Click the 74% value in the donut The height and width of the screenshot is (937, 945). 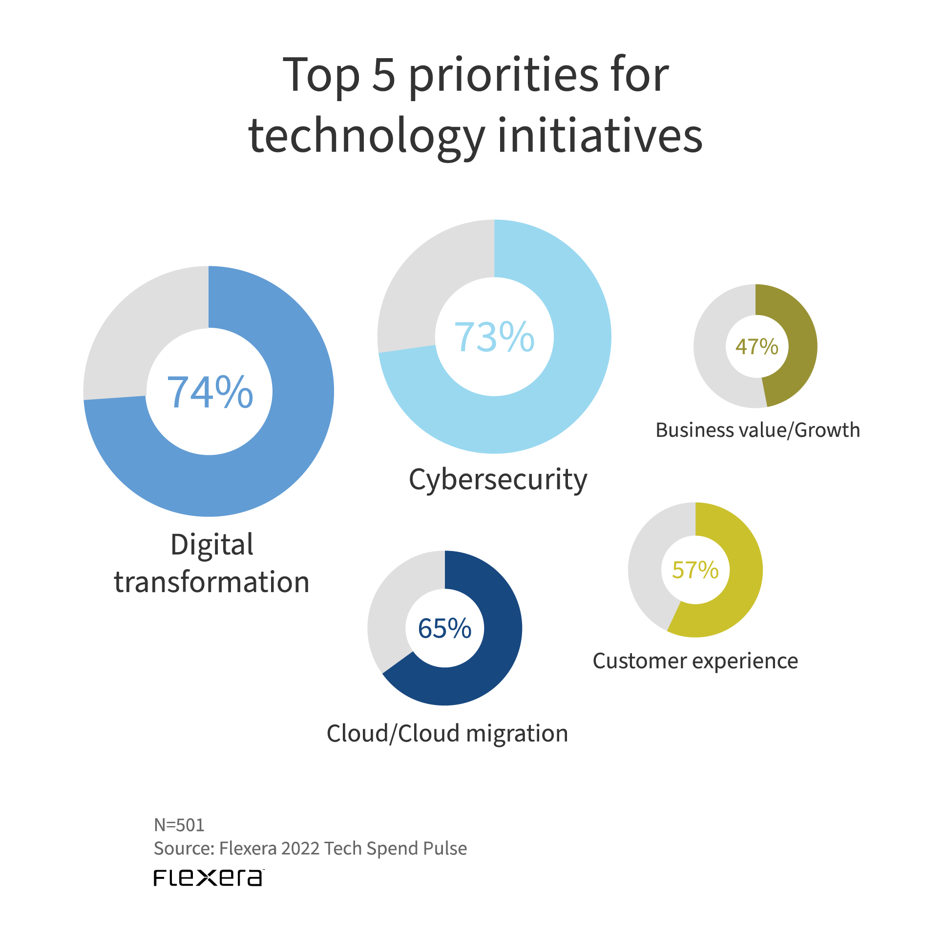click(x=210, y=392)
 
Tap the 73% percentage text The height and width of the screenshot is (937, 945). click(x=494, y=337)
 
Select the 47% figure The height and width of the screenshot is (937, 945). click(x=756, y=346)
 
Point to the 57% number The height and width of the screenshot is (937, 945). click(x=695, y=570)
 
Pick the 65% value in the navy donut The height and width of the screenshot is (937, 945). click(x=444, y=628)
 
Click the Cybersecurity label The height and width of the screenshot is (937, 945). click(x=498, y=480)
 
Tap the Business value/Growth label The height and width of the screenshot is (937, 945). click(x=757, y=430)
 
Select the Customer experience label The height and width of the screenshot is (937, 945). click(x=695, y=661)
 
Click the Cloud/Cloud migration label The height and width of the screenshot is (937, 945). click(x=447, y=733)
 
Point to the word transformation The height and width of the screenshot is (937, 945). click(x=212, y=582)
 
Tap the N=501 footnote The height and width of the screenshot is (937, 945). click(x=179, y=825)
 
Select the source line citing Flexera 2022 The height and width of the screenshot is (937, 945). click(x=310, y=849)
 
